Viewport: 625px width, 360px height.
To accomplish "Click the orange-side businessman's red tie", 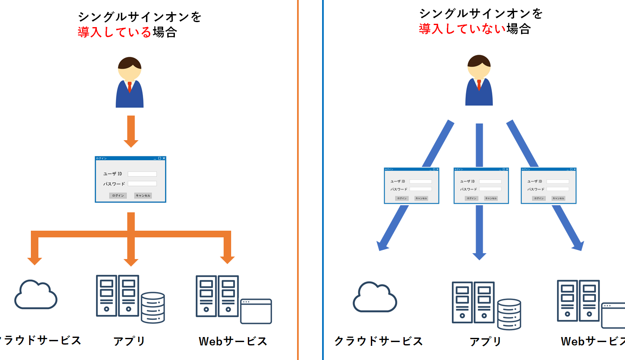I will click(x=130, y=87).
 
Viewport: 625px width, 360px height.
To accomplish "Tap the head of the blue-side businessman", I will click(x=479, y=66).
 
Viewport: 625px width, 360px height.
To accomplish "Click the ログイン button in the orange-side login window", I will click(x=118, y=196).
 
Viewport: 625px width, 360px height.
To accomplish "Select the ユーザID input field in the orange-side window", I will click(x=142, y=174).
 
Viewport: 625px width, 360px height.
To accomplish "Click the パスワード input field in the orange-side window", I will click(x=142, y=184).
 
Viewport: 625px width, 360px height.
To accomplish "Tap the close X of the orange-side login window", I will click(x=164, y=159).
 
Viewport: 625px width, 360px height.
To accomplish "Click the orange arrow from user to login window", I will click(x=131, y=131).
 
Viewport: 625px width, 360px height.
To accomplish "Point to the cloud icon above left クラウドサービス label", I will click(x=36, y=295).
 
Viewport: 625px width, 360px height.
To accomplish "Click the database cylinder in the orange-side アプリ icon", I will click(x=153, y=307).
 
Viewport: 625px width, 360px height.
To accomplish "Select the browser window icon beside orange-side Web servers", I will click(x=256, y=311).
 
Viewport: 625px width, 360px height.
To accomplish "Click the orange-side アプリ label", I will click(x=129, y=341).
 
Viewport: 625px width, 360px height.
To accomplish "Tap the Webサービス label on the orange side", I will click(x=233, y=341).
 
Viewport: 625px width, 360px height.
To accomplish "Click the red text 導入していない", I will click(x=462, y=29).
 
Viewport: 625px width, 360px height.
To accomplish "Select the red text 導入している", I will click(x=114, y=32).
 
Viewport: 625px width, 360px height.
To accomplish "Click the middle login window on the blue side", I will click(x=481, y=186).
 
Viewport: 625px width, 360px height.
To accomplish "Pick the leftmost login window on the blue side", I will click(x=411, y=186).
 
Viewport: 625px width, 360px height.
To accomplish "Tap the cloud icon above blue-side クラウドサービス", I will click(x=375, y=297).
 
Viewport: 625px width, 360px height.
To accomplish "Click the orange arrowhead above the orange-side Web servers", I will click(x=227, y=259).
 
